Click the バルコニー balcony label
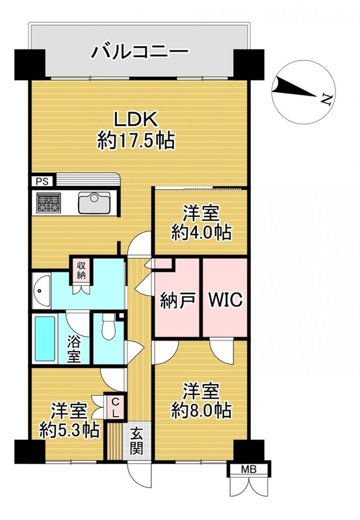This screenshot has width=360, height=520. (140, 53)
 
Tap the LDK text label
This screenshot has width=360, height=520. (136, 120)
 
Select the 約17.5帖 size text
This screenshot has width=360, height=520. (136, 141)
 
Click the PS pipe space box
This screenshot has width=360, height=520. (42, 181)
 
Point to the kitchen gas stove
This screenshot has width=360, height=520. (48, 203)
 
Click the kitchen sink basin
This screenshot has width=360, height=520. (94, 203)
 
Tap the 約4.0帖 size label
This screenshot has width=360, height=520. (201, 233)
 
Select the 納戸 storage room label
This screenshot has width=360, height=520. (177, 300)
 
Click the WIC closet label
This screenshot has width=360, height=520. (225, 300)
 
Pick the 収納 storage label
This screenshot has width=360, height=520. (81, 270)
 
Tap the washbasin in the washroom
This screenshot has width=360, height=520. (41, 291)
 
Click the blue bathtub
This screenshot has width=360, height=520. (45, 339)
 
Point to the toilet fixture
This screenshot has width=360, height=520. (108, 327)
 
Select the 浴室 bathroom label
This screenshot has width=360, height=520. (74, 348)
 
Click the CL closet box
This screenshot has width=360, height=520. (115, 408)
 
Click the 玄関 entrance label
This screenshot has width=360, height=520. (136, 441)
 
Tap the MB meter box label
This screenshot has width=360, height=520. (249, 469)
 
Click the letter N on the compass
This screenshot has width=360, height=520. (326, 99)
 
